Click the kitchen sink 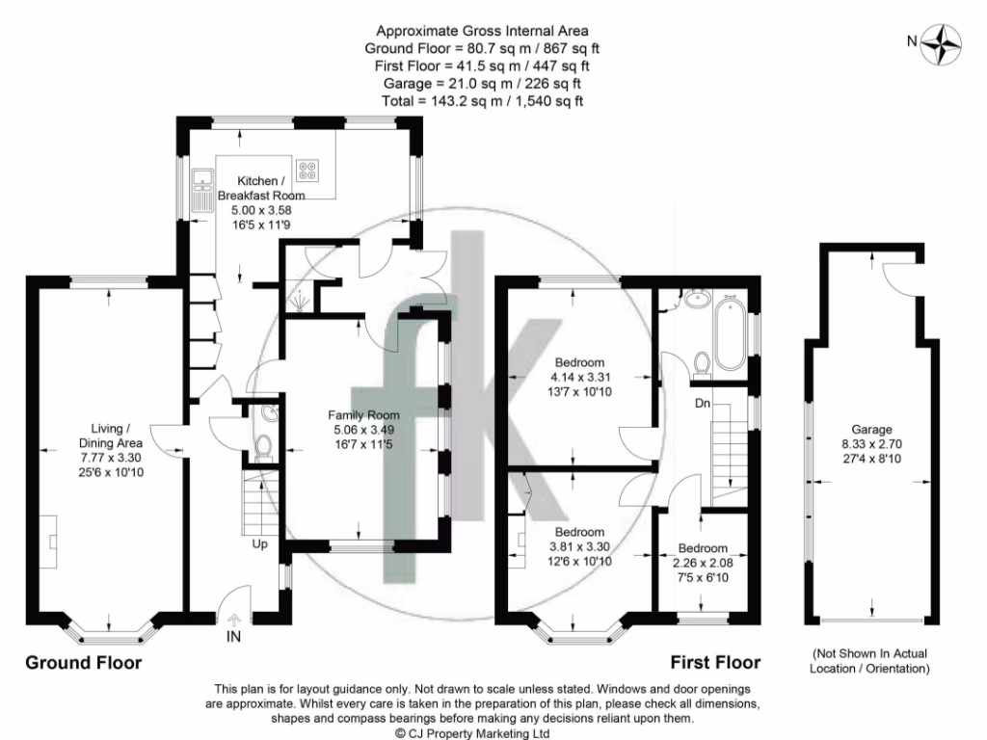(202, 190)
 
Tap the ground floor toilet (262, 447)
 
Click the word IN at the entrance (234, 637)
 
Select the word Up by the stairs (260, 544)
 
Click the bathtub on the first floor (729, 334)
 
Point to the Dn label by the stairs (703, 404)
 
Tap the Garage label (870, 430)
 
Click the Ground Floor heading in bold (83, 663)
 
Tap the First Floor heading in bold (715, 663)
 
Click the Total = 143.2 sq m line (483, 100)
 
